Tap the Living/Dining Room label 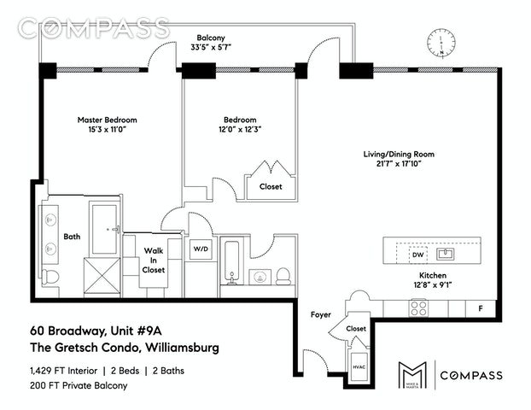click(x=400, y=155)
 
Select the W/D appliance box click(x=201, y=249)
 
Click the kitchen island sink click(x=446, y=254)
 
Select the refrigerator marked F click(x=481, y=307)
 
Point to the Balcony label click(x=211, y=39)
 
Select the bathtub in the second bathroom click(x=231, y=261)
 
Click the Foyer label click(x=321, y=315)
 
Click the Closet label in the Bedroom click(x=270, y=186)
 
